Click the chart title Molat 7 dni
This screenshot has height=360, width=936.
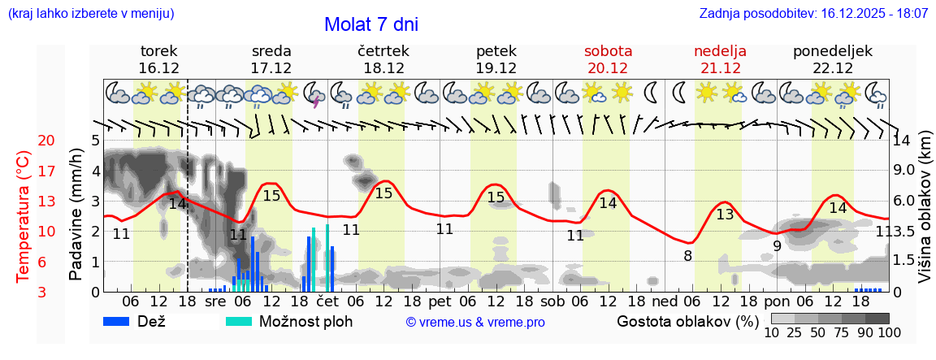371,24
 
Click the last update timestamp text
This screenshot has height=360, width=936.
813,14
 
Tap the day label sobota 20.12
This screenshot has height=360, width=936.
608,59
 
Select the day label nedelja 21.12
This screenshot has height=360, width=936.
720,59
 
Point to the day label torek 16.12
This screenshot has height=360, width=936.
158,59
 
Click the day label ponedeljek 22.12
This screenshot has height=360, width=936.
833,59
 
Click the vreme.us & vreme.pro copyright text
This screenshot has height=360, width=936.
475,322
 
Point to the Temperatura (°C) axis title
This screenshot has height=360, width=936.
24,215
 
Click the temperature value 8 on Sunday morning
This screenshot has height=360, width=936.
687,256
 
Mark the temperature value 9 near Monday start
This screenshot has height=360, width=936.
777,245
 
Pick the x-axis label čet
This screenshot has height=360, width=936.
327,301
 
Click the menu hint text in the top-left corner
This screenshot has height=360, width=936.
90,14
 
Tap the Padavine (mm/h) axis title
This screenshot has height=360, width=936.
76,215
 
